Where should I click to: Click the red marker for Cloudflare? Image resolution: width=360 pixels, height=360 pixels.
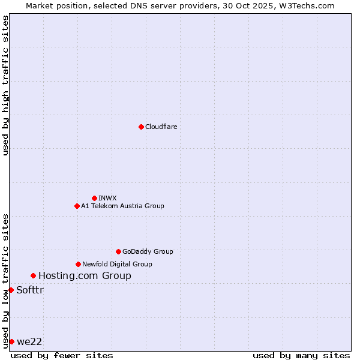click(141, 127)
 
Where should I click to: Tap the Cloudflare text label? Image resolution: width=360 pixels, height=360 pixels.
click(161, 127)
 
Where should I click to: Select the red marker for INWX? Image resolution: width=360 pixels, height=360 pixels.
click(94, 198)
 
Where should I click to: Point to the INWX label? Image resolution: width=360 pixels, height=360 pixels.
click(107, 198)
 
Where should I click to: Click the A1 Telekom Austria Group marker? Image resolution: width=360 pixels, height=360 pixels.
click(77, 206)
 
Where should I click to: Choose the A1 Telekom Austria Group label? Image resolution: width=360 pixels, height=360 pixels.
click(122, 206)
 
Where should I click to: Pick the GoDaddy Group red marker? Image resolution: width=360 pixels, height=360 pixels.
click(118, 251)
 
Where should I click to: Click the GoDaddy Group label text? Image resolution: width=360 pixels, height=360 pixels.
click(147, 251)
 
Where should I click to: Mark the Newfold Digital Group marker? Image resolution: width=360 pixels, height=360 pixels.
click(78, 264)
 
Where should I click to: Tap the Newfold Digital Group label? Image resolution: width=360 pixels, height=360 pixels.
click(117, 264)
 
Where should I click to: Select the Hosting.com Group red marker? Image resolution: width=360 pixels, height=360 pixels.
click(33, 275)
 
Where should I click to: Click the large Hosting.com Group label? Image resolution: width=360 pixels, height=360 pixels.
click(85, 276)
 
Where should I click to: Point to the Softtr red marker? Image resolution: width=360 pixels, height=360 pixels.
click(11, 290)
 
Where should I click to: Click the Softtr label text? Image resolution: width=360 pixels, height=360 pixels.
click(30, 290)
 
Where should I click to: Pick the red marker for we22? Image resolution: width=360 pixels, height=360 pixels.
click(11, 341)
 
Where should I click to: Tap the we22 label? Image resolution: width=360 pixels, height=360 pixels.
click(29, 342)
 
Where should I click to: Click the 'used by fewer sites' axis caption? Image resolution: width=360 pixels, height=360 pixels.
click(62, 355)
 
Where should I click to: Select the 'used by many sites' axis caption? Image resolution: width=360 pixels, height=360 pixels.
click(301, 355)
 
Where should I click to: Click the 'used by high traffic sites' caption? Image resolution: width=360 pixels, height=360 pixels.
click(5, 85)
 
